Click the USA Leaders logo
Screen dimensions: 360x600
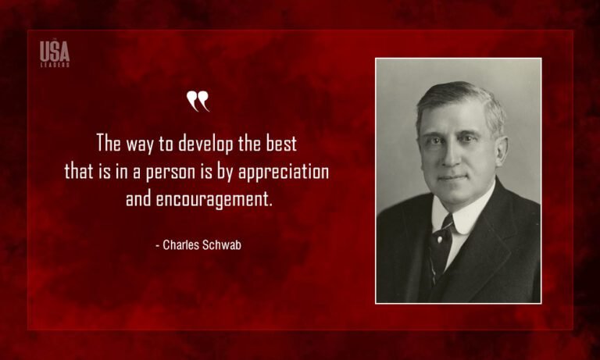pyautogui.click(x=55, y=53)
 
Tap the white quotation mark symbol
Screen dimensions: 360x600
pyautogui.click(x=198, y=101)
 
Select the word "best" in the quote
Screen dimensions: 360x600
pyautogui.click(x=282, y=144)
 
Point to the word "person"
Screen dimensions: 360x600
pyautogui.click(x=184, y=172)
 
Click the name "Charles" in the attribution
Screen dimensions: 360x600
pyautogui.click(x=183, y=244)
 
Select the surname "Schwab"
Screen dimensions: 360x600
pyautogui.click(x=223, y=244)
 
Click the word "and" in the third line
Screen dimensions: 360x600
pyautogui.click(x=139, y=198)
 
